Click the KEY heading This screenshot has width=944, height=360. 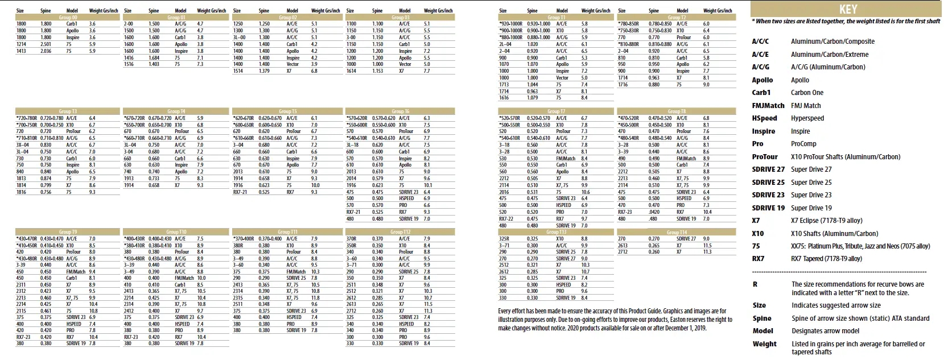pos(847,10)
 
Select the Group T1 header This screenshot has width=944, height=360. pos(553,18)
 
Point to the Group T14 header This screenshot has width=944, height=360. pos(676,233)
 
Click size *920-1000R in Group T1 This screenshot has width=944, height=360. pos(510,24)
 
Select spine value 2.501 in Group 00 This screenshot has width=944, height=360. pos(46,44)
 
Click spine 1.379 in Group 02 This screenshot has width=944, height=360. pos(264,71)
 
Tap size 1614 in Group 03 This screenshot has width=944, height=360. pos(351,71)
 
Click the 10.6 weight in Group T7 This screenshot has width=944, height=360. pos(585,192)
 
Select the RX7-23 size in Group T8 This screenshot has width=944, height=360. pos(624,212)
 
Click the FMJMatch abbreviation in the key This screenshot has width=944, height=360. pos(768,105)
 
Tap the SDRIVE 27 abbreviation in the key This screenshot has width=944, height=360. pos(768,169)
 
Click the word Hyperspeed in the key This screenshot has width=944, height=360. pos(807,118)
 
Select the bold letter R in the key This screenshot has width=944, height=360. pos(755,284)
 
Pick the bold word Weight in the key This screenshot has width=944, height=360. pos(764,344)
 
